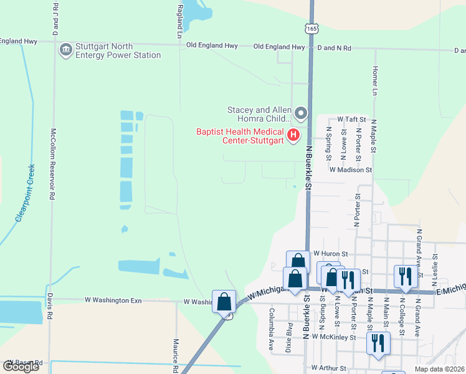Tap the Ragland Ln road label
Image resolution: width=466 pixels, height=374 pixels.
pos(179,21)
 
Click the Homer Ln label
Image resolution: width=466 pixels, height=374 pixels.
pos(375,81)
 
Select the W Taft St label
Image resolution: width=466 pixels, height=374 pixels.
pos(349,118)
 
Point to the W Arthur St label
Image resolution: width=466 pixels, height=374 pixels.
pos(333,368)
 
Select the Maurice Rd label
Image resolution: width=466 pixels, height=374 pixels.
pos(176,355)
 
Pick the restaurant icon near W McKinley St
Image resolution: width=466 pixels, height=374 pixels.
pos(378,342)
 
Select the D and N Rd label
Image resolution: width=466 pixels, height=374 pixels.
pos(334,47)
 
